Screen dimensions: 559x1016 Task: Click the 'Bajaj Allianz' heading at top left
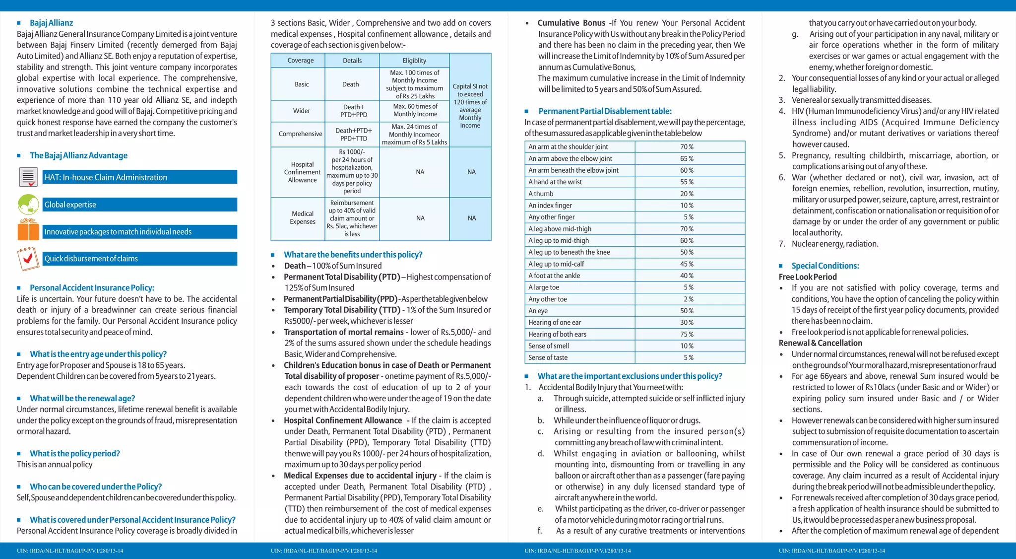[51, 23]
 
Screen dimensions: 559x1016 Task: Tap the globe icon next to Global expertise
[28, 205]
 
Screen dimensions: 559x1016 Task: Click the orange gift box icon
[28, 230]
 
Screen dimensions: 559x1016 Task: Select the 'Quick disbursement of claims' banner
[140, 259]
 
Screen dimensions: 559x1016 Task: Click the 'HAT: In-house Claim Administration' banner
[140, 177]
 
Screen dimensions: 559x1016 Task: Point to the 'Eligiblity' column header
[414, 61]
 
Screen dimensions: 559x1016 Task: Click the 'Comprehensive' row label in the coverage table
[300, 134]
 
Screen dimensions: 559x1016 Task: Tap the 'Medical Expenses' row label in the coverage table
[303, 217]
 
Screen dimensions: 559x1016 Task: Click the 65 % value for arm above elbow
[687, 158]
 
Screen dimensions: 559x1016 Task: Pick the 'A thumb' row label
[541, 194]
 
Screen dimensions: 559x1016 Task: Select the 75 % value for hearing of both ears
[687, 334]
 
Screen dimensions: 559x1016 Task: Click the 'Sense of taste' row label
[548, 357]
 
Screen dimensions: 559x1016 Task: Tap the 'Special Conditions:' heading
[825, 266]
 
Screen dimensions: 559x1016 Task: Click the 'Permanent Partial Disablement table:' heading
[605, 111]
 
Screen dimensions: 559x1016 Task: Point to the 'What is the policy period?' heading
[75, 454]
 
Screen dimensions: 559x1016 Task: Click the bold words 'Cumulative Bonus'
[571, 23]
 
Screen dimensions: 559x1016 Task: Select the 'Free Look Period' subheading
[808, 277]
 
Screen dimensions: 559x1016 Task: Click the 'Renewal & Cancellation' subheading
[820, 343]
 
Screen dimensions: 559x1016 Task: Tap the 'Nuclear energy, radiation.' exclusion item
[835, 244]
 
